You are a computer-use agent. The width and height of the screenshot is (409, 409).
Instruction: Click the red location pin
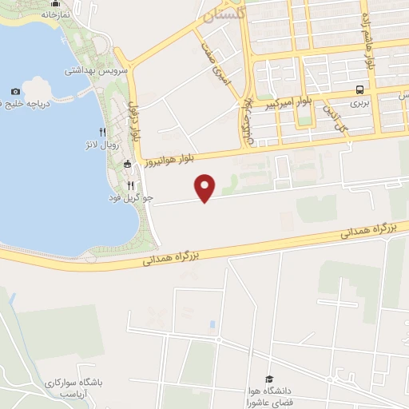tap(206, 187)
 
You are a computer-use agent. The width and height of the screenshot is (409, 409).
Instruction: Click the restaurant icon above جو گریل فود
tap(141, 184)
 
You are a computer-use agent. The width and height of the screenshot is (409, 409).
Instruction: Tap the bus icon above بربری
tap(361, 89)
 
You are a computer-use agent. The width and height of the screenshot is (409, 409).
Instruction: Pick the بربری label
tap(362, 103)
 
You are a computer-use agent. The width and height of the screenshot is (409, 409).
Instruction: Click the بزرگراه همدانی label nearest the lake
tap(170, 256)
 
